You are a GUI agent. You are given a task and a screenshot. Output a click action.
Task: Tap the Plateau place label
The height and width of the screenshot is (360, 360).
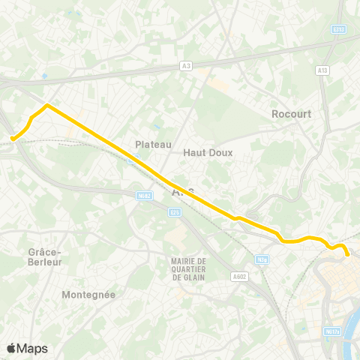pos(154,144)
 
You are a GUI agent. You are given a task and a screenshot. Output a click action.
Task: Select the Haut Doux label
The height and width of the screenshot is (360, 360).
pos(208,151)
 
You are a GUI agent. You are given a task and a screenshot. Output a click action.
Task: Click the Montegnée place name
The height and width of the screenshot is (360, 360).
pos(88,295)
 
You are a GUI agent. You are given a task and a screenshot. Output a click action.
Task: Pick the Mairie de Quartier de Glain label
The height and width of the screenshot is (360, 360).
pos(188,268)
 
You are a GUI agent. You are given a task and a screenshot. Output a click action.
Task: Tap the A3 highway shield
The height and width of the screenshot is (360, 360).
pos(186,66)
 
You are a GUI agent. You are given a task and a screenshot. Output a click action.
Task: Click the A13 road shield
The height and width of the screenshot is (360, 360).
pos(323,70)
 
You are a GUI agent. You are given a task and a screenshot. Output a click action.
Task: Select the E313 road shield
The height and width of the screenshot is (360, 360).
pos(339,29)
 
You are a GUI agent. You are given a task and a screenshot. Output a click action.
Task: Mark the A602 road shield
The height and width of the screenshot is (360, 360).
pos(239,276)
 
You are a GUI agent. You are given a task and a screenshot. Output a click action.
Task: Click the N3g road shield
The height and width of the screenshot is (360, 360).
pos(262,259)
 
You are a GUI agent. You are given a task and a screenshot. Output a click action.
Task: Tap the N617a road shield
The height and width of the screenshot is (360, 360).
pos(332,331)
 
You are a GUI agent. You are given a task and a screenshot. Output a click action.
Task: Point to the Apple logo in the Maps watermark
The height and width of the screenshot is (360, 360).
pos(11,348)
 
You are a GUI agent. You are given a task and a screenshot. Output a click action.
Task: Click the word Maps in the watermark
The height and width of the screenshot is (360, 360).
pos(32,349)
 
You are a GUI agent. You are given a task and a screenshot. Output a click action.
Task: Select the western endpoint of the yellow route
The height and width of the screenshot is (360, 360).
pos(13,138)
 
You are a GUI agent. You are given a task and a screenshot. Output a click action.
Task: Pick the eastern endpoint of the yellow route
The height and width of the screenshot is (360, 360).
pos(348,254)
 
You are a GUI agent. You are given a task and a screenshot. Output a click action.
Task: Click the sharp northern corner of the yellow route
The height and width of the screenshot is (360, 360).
pos(47,106)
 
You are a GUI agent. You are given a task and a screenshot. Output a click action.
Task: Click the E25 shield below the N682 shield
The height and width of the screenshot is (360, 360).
pos(175,212)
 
